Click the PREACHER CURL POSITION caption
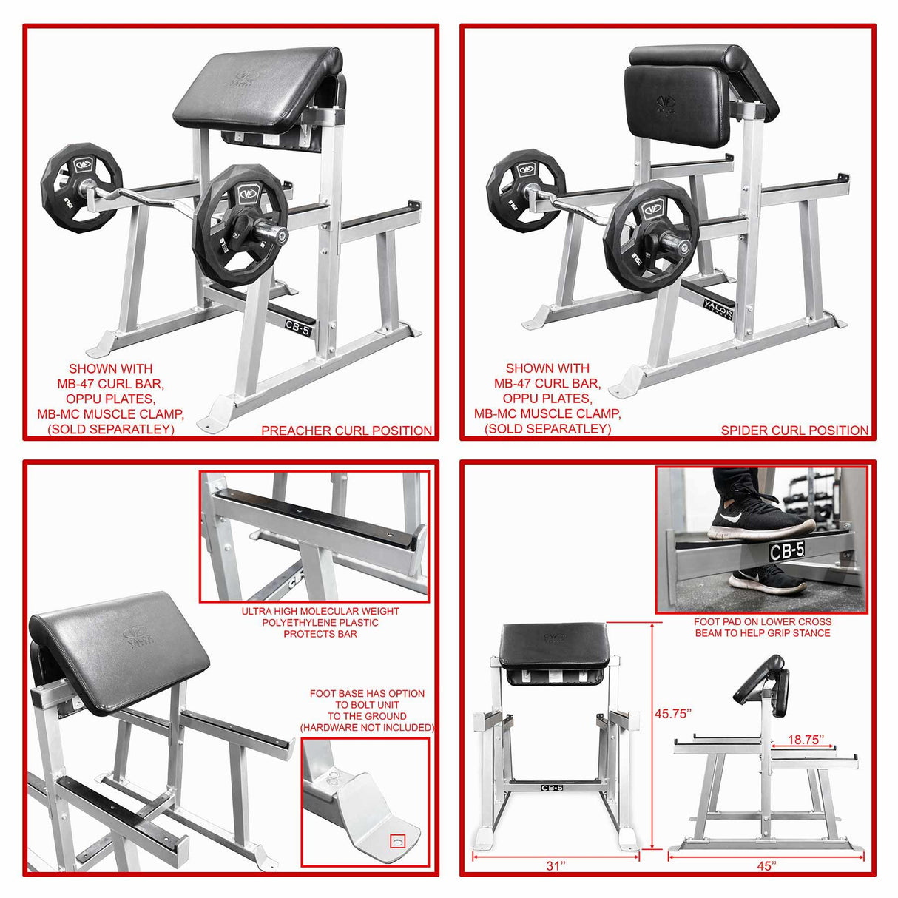346,431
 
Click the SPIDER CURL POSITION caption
794,431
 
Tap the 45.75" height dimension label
672,714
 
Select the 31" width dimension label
556,865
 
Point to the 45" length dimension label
766,865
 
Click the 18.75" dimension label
805,740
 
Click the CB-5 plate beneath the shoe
786,550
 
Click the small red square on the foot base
398,841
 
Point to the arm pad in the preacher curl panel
259,85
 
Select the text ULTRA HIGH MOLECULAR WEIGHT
320,611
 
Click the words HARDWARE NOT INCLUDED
367,728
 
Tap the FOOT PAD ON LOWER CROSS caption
762,622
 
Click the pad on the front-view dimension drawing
554,644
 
